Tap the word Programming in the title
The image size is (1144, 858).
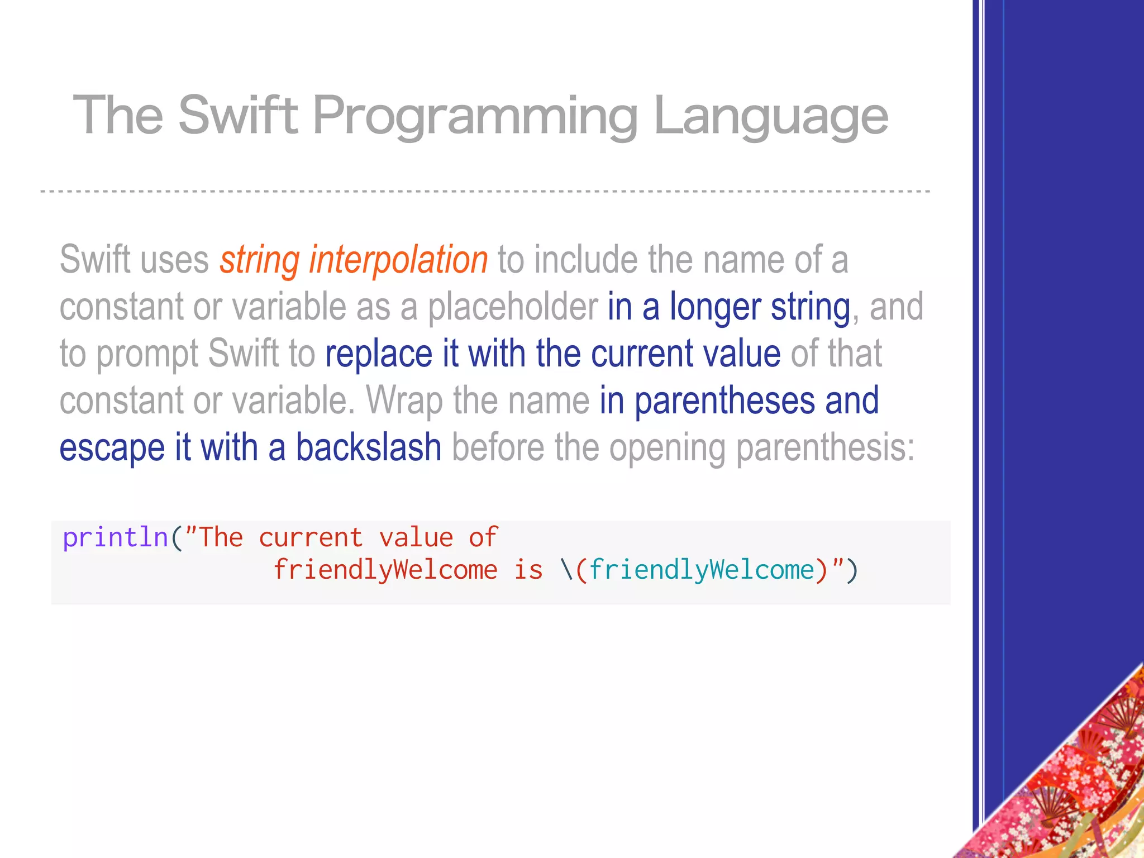(475, 117)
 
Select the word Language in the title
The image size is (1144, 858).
(770, 117)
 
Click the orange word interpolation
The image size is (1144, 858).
(399, 260)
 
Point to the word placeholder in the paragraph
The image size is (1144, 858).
(513, 307)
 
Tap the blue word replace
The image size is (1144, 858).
(379, 354)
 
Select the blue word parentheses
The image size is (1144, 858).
(724, 401)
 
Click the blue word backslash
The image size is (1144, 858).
(369, 447)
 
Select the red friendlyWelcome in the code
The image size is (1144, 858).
(385, 570)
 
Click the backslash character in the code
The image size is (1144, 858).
(566, 570)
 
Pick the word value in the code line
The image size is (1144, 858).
(416, 537)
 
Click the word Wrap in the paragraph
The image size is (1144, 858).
(404, 401)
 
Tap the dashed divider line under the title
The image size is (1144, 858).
(485, 192)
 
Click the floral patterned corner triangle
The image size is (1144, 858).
(1078, 793)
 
